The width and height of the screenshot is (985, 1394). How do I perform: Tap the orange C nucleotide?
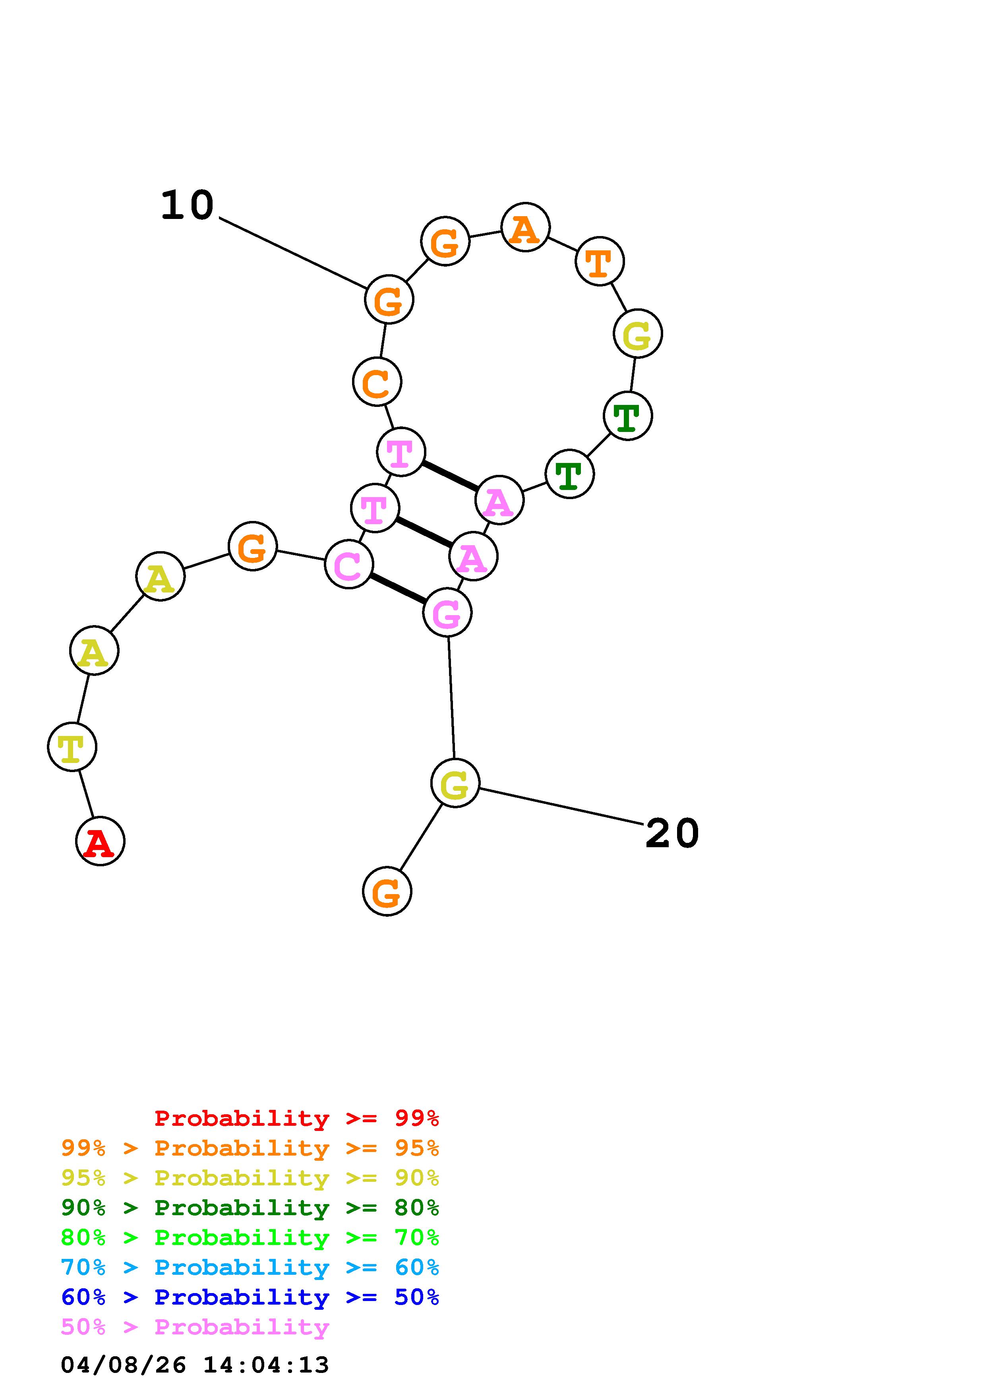click(x=377, y=381)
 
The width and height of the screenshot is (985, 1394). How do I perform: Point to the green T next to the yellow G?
click(x=627, y=416)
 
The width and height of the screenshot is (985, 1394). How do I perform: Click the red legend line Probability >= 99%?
click(x=296, y=1118)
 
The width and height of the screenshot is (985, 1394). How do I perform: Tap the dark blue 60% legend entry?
click(x=250, y=1297)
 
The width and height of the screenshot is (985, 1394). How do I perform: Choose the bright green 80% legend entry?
click(x=250, y=1237)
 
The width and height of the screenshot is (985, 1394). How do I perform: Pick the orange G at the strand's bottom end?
click(x=387, y=891)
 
